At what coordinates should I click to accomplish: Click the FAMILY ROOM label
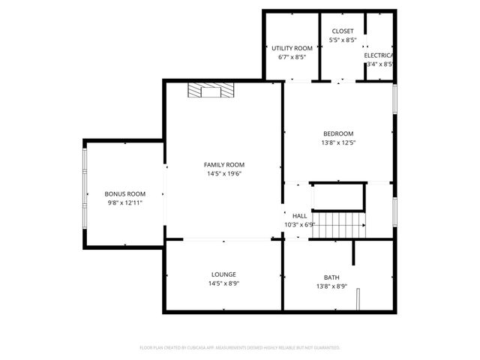pyautogui.click(x=224, y=165)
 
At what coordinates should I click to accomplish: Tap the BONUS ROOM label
pyautogui.click(x=124, y=193)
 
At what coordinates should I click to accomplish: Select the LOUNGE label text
pyautogui.click(x=223, y=274)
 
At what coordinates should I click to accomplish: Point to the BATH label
pyautogui.click(x=331, y=277)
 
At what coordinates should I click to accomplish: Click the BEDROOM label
pyautogui.click(x=337, y=133)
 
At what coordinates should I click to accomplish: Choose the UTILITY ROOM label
pyautogui.click(x=292, y=48)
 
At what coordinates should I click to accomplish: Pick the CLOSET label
pyautogui.click(x=343, y=31)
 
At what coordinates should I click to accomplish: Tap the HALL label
pyautogui.click(x=300, y=215)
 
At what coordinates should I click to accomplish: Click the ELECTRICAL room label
pyautogui.click(x=379, y=55)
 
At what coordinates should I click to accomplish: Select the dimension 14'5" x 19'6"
pyautogui.click(x=224, y=174)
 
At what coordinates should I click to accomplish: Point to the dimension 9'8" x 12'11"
pyautogui.click(x=124, y=202)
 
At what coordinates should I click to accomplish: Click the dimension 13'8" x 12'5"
pyautogui.click(x=337, y=142)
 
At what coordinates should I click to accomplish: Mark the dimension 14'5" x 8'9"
pyautogui.click(x=223, y=283)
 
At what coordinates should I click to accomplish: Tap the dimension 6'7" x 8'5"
pyautogui.click(x=292, y=57)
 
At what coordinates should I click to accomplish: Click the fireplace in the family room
pyautogui.click(x=211, y=91)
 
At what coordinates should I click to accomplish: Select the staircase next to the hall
pyautogui.click(x=337, y=224)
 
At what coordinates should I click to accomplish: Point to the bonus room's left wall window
pyautogui.click(x=85, y=193)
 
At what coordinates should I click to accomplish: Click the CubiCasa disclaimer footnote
pyautogui.click(x=240, y=348)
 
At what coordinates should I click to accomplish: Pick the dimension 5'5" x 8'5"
pyautogui.click(x=343, y=40)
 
